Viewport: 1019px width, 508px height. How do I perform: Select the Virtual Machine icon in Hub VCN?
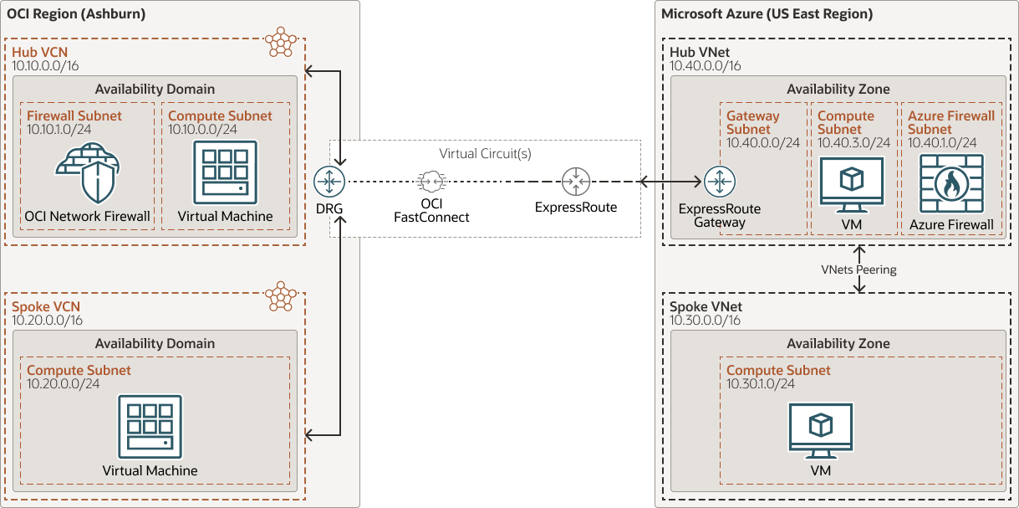[x=225, y=172]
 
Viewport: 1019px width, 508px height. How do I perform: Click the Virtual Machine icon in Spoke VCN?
[x=150, y=426]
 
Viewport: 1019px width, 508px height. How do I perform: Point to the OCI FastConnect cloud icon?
[x=431, y=181]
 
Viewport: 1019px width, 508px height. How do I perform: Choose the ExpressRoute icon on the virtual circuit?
[x=575, y=181]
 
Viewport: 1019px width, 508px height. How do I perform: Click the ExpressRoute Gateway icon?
[x=719, y=181]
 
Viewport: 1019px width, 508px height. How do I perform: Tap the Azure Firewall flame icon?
[x=952, y=183]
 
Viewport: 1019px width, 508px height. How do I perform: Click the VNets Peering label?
[x=859, y=269]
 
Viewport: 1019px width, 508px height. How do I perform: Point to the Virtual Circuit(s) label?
[x=485, y=154]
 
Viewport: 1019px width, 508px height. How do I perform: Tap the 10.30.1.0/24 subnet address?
[x=760, y=383]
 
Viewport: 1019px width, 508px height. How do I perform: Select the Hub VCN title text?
[x=39, y=52]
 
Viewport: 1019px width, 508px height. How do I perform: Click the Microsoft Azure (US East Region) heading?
[x=767, y=13]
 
